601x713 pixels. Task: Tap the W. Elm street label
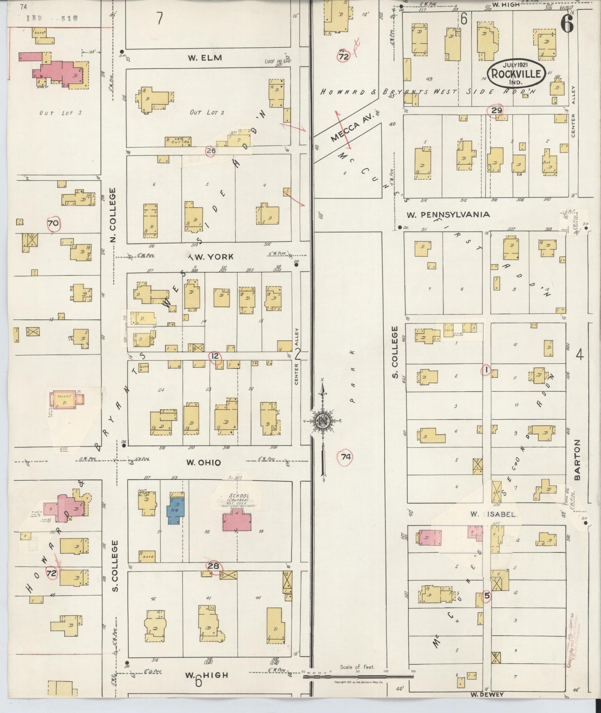pos(204,58)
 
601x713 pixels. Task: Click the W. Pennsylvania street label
pos(448,215)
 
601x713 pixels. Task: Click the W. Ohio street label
pos(203,462)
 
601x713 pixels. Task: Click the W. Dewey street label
pos(487,694)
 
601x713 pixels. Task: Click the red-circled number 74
pos(346,457)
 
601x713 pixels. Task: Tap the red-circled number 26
pos(211,151)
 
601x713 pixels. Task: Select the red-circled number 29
pos(497,110)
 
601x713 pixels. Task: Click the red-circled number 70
pos(53,223)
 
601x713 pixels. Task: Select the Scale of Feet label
pos(357,667)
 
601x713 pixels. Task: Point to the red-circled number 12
pos(215,356)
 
